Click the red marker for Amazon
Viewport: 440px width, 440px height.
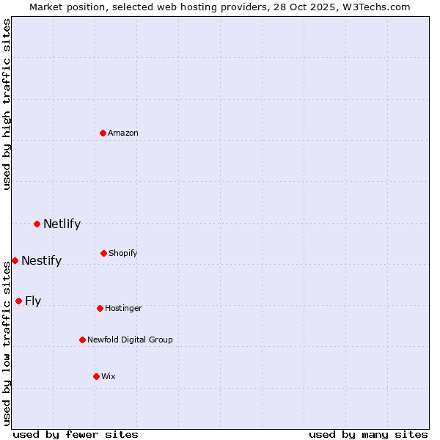coord(103,133)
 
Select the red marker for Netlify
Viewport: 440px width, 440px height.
coord(37,224)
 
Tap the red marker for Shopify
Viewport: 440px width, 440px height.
coord(103,253)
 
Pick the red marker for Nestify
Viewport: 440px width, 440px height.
coord(15,260)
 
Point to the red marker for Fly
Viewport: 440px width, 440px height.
coord(18,301)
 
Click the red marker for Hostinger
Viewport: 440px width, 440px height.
coord(100,308)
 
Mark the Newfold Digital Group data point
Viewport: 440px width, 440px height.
coord(82,340)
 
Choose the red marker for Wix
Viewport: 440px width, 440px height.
coord(96,376)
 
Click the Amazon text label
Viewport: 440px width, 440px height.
coord(123,133)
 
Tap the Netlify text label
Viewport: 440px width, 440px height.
coord(62,224)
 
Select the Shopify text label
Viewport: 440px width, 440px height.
coord(123,253)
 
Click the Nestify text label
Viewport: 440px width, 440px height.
coord(41,260)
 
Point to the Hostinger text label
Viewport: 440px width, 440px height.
coord(123,308)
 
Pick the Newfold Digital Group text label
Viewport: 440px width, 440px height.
coord(130,340)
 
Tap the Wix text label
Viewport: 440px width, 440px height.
coord(109,376)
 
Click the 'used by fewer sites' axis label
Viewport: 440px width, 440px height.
coord(76,434)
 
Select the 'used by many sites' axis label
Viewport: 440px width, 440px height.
coord(368,434)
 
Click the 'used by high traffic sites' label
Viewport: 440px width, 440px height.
coord(7,104)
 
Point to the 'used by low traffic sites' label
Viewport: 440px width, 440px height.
coord(7,343)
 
